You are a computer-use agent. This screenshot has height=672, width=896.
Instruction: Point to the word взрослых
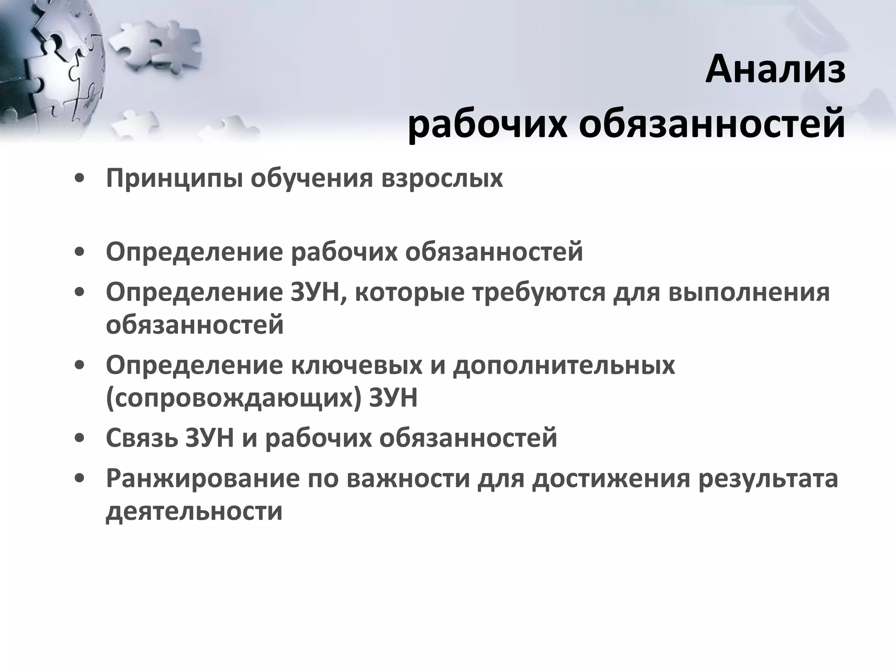click(x=442, y=178)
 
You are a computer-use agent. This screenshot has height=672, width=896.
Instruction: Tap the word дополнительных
click(x=564, y=366)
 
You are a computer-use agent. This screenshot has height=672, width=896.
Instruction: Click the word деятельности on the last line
click(x=194, y=511)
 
